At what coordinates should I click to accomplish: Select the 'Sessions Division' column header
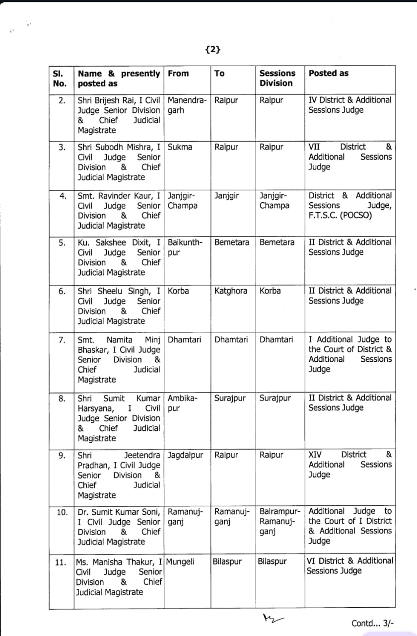277,78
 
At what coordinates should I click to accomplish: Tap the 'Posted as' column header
328,73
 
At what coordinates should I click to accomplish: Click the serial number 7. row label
62,340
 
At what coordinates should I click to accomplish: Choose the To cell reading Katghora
230,291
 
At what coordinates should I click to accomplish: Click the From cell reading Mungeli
180,562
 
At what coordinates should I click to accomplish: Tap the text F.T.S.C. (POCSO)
340,216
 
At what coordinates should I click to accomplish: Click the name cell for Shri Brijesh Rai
119,115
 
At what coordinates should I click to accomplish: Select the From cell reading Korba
178,291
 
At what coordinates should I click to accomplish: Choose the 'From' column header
178,73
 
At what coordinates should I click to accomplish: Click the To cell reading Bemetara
232,242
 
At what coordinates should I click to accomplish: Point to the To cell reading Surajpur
231,398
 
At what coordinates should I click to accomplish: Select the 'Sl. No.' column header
60,78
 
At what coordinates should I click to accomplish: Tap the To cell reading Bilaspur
227,562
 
